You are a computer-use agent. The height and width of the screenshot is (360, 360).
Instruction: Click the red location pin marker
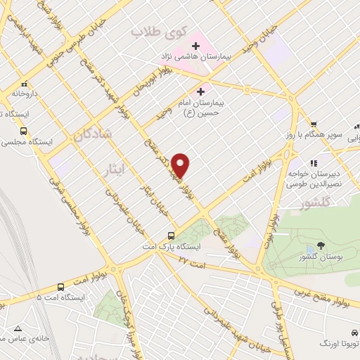[x=181, y=165]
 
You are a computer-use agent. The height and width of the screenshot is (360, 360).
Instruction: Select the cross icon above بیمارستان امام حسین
[x=201, y=91]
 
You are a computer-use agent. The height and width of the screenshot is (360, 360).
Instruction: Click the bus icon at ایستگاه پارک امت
[x=171, y=236]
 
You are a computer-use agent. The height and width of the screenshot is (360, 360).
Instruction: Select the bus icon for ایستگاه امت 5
[x=61, y=287]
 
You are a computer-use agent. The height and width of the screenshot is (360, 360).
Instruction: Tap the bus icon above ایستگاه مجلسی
[x=25, y=130]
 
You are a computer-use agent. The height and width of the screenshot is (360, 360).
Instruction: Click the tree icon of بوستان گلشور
[x=321, y=245]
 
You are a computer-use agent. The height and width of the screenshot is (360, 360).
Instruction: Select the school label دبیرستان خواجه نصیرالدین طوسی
[x=313, y=177]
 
